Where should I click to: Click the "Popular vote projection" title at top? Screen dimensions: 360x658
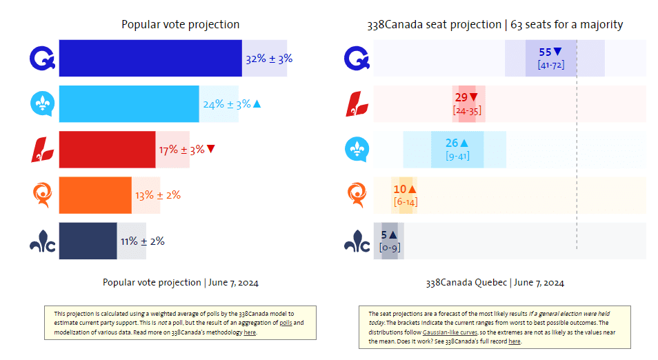coord(181,25)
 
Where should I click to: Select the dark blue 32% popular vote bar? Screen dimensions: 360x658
coord(150,59)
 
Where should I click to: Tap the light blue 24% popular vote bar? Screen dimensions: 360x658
coord(129,104)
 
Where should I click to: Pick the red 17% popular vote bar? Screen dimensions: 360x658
coord(107,150)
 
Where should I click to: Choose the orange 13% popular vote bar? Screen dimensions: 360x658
coord(95,195)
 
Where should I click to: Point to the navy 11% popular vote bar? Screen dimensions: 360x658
coord(88,241)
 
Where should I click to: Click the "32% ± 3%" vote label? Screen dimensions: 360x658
coord(268,59)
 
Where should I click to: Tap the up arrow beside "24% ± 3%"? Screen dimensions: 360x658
coord(257,104)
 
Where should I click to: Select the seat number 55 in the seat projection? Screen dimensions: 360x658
coord(545,52)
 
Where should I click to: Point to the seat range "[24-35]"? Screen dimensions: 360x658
coord(467,110)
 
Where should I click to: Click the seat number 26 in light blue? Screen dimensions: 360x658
coord(452,143)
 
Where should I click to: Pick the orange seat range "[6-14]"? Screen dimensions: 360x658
coord(406,202)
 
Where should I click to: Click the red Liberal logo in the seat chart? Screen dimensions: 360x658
coord(357,104)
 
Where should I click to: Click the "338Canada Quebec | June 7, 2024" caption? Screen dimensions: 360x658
coord(495,283)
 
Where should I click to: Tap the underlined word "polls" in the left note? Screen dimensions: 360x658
coord(286,323)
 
